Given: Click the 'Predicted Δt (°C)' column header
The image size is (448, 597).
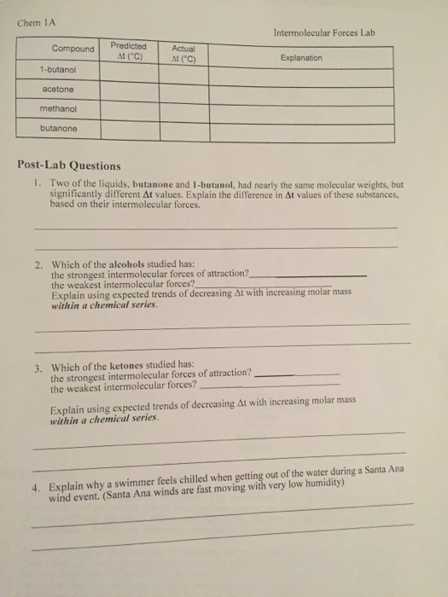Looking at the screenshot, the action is (x=128, y=51).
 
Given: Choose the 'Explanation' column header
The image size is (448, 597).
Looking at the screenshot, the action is (x=301, y=58).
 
